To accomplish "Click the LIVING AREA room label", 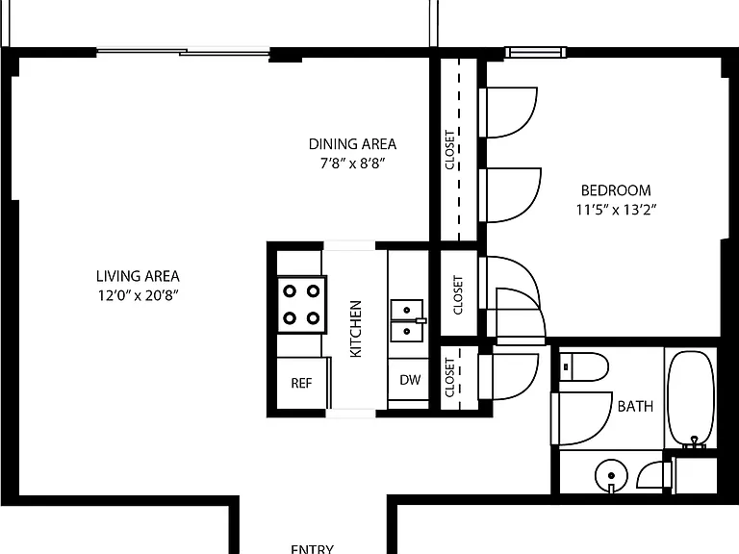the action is tap(138, 276).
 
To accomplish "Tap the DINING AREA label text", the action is tap(352, 144).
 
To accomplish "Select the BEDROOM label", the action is tap(616, 190).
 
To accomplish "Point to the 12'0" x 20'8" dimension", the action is tap(139, 296).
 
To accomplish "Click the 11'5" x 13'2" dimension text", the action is tap(616, 210).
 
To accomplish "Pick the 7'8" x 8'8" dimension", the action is tap(352, 164).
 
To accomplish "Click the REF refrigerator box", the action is tap(302, 383).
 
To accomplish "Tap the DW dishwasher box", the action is tap(409, 380).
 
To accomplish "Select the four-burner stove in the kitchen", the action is tap(301, 305).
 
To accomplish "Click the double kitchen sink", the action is tap(407, 321).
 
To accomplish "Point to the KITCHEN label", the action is tap(356, 329).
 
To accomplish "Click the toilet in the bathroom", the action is tap(584, 367).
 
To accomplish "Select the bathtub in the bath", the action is tap(692, 398).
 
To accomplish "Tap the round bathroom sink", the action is tap(611, 476).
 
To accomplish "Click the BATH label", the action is tap(635, 406).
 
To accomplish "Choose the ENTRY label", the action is tap(312, 549).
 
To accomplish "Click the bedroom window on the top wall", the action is tap(535, 52).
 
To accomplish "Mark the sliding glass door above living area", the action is tap(183, 51).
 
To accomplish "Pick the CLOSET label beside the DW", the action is tap(449, 378).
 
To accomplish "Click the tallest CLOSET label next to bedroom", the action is tap(449, 150).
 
